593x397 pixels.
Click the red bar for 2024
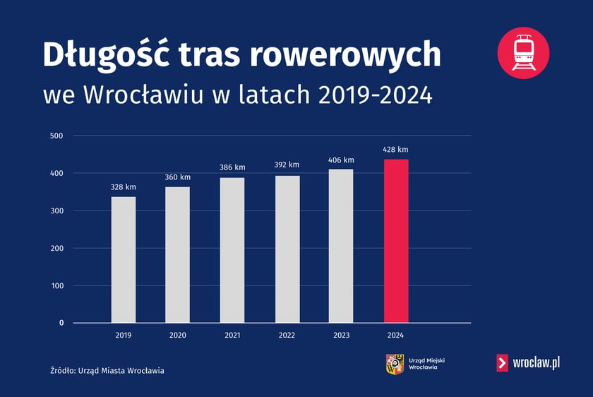395,241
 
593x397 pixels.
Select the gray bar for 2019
123,259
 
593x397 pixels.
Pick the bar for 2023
341,246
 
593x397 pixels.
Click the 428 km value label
395,150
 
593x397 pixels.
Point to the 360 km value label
178,177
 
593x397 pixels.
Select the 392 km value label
287,165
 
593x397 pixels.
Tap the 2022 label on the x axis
287,335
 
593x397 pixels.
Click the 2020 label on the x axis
178,335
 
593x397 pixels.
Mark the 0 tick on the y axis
61,323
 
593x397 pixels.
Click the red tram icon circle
523,52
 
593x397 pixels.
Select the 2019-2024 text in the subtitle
375,95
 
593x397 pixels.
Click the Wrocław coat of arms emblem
394,364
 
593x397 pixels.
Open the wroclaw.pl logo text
537,363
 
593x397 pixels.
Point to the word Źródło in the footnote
64,370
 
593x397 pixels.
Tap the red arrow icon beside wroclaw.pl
503,363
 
